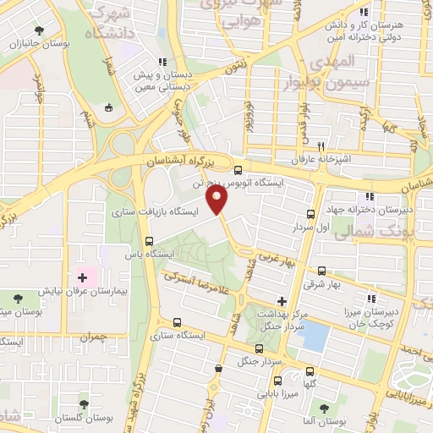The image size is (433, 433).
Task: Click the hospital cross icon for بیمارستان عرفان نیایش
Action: [x=83, y=277]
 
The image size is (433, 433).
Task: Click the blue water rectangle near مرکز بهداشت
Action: [x=315, y=337]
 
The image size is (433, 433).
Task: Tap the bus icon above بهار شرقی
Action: [x=321, y=271]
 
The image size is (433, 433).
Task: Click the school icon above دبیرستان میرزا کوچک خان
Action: [x=370, y=297]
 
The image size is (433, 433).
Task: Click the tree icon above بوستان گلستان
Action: [x=83, y=405]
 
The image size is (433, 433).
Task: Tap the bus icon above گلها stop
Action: [x=310, y=370]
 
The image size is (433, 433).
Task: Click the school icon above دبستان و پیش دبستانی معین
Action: [x=162, y=62]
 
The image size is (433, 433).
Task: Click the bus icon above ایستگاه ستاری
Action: [x=176, y=322]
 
